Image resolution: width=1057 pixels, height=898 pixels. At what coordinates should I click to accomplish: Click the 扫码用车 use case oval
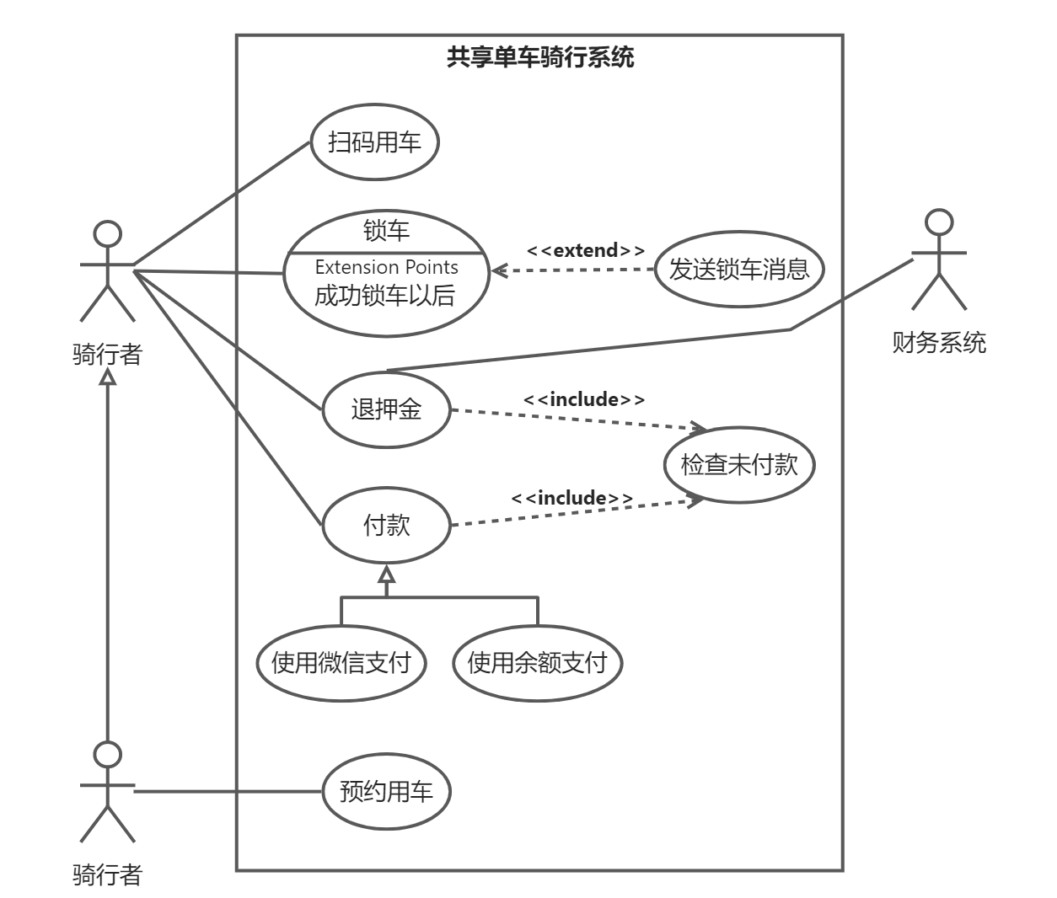coord(374,142)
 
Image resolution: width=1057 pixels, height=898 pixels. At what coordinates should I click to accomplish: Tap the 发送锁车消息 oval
coord(739,270)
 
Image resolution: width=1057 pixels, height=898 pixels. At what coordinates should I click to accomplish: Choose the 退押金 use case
coord(386,410)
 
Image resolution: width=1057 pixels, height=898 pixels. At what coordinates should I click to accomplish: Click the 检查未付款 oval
coord(739,464)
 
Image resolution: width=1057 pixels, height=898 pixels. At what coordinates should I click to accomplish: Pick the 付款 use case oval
coord(386,526)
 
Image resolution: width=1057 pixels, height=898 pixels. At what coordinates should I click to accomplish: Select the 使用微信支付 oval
coord(341,663)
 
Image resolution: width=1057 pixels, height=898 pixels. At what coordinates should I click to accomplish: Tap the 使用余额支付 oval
coord(538,663)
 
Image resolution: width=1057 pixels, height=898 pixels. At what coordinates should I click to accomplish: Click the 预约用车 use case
coord(386,792)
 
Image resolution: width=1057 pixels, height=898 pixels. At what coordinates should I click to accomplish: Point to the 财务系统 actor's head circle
coord(939,222)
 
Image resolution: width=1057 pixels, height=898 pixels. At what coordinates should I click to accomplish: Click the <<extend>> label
coord(586,250)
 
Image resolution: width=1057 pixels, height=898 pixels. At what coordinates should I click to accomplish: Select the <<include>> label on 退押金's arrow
coord(584,399)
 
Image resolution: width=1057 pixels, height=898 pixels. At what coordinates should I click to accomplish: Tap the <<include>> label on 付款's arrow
coord(572,498)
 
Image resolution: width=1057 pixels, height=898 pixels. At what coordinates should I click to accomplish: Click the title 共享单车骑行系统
coord(540,57)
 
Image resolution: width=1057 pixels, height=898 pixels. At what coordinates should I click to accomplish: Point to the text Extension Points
coord(386,267)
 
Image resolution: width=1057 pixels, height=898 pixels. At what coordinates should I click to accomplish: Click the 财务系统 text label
coord(939,343)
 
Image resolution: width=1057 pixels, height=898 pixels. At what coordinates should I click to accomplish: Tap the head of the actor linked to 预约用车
coord(107,755)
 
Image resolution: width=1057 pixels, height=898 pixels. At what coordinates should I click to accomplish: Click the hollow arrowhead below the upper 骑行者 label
coord(107,377)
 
